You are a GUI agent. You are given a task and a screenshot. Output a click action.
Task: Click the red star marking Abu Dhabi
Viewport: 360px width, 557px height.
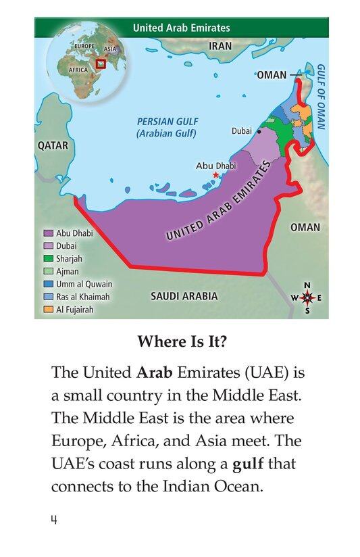tap(216, 175)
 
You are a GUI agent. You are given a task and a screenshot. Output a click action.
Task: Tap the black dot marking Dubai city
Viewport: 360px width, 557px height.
tap(259, 132)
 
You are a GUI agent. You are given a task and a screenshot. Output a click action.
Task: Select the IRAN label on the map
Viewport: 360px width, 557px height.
tap(220, 47)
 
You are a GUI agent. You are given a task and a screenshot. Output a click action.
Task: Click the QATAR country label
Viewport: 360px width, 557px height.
tap(52, 145)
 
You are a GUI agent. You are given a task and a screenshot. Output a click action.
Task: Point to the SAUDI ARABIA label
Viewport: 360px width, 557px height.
tap(184, 296)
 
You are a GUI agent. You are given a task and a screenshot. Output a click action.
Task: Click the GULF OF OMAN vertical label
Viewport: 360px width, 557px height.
tap(321, 97)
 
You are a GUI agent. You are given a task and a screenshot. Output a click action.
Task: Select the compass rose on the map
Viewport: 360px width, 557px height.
tap(307, 298)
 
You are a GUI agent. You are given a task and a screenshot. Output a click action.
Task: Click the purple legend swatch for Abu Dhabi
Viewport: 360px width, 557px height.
tap(49, 233)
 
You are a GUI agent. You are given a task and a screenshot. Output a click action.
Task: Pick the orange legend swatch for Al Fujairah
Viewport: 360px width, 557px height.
tap(49, 310)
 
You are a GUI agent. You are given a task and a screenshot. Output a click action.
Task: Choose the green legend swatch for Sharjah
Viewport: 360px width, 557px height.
tap(49, 259)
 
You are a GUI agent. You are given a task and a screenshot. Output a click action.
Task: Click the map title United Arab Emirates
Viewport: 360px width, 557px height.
tap(181, 28)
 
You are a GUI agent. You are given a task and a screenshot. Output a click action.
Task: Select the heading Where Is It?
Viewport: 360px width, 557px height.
tap(182, 342)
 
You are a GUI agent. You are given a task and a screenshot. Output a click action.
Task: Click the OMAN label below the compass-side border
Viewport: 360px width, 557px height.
tap(305, 228)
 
